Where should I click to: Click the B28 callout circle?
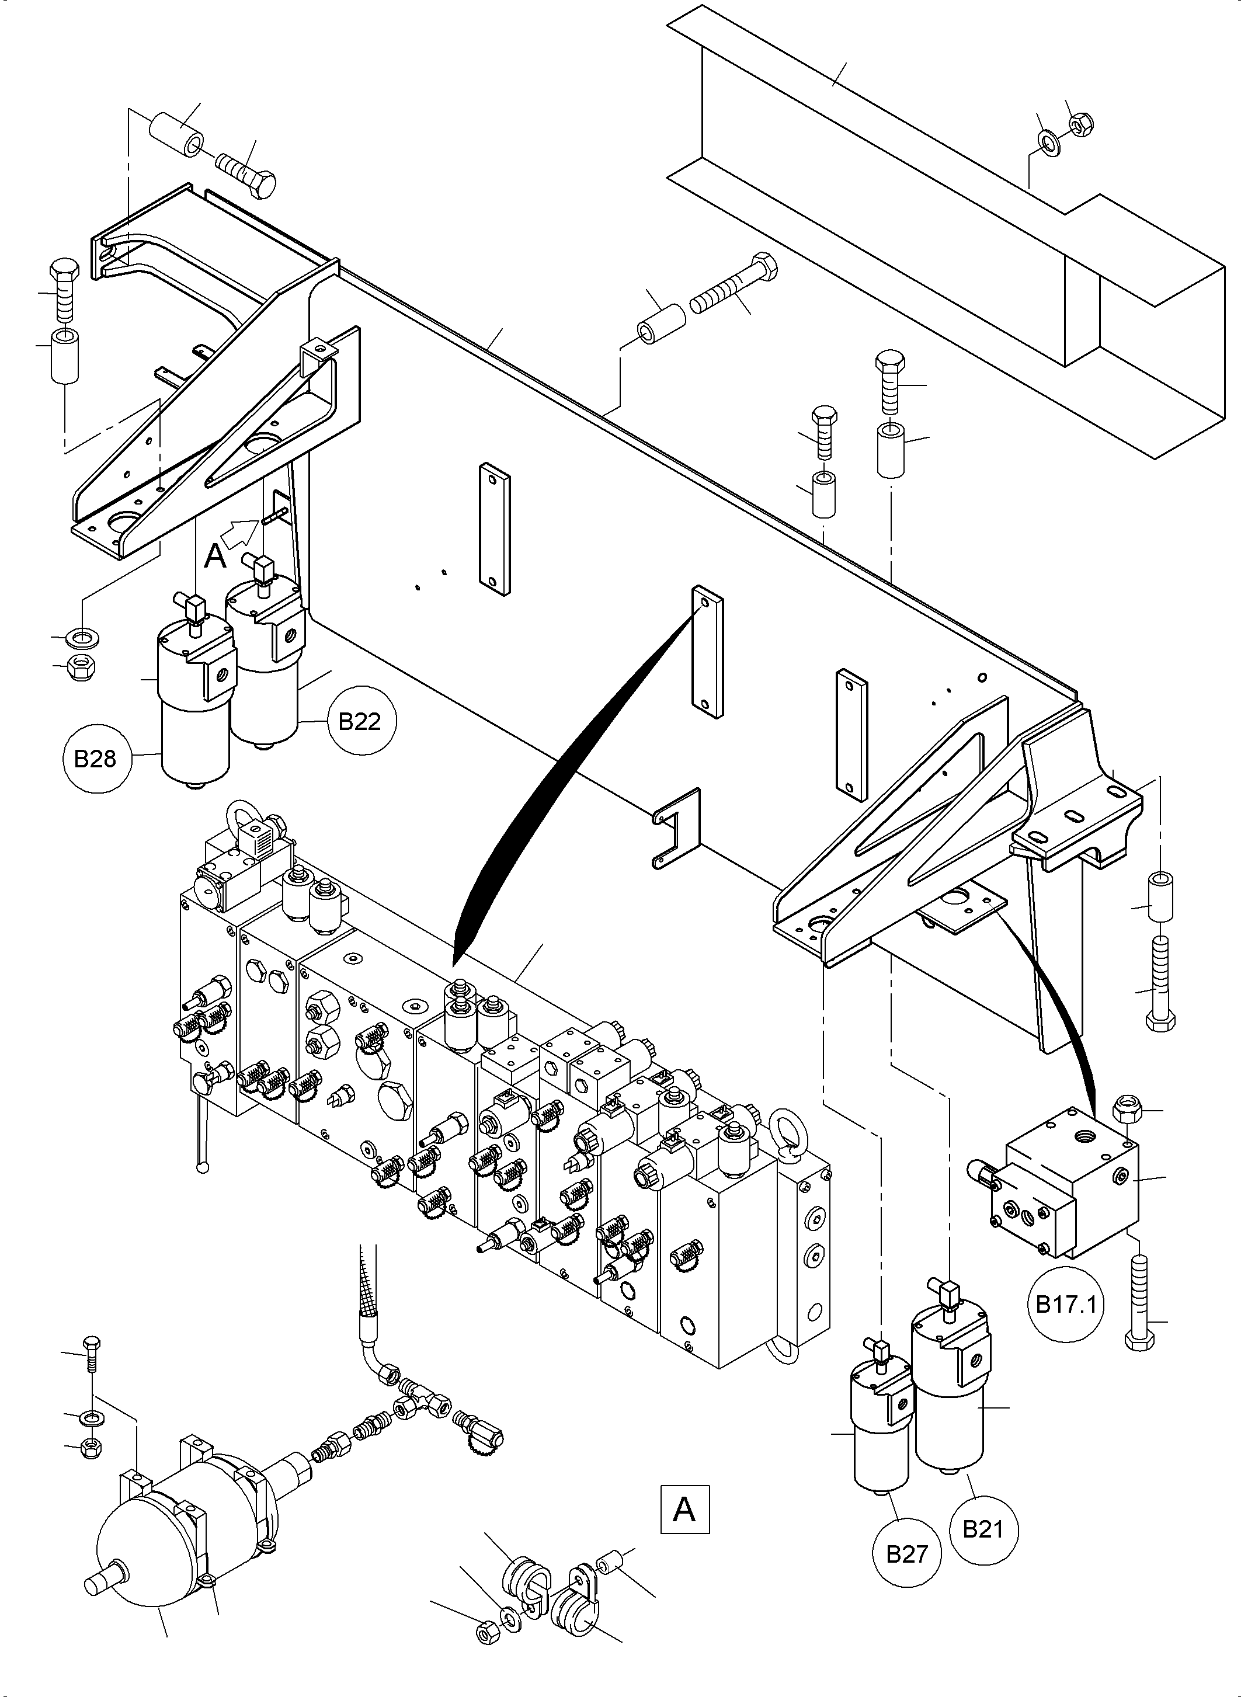click(x=95, y=758)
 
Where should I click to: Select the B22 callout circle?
click(x=359, y=721)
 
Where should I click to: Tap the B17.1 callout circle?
click(x=1066, y=1303)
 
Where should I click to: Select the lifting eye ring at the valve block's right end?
click(x=788, y=1127)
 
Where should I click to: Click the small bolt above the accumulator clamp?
click(x=92, y=1356)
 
